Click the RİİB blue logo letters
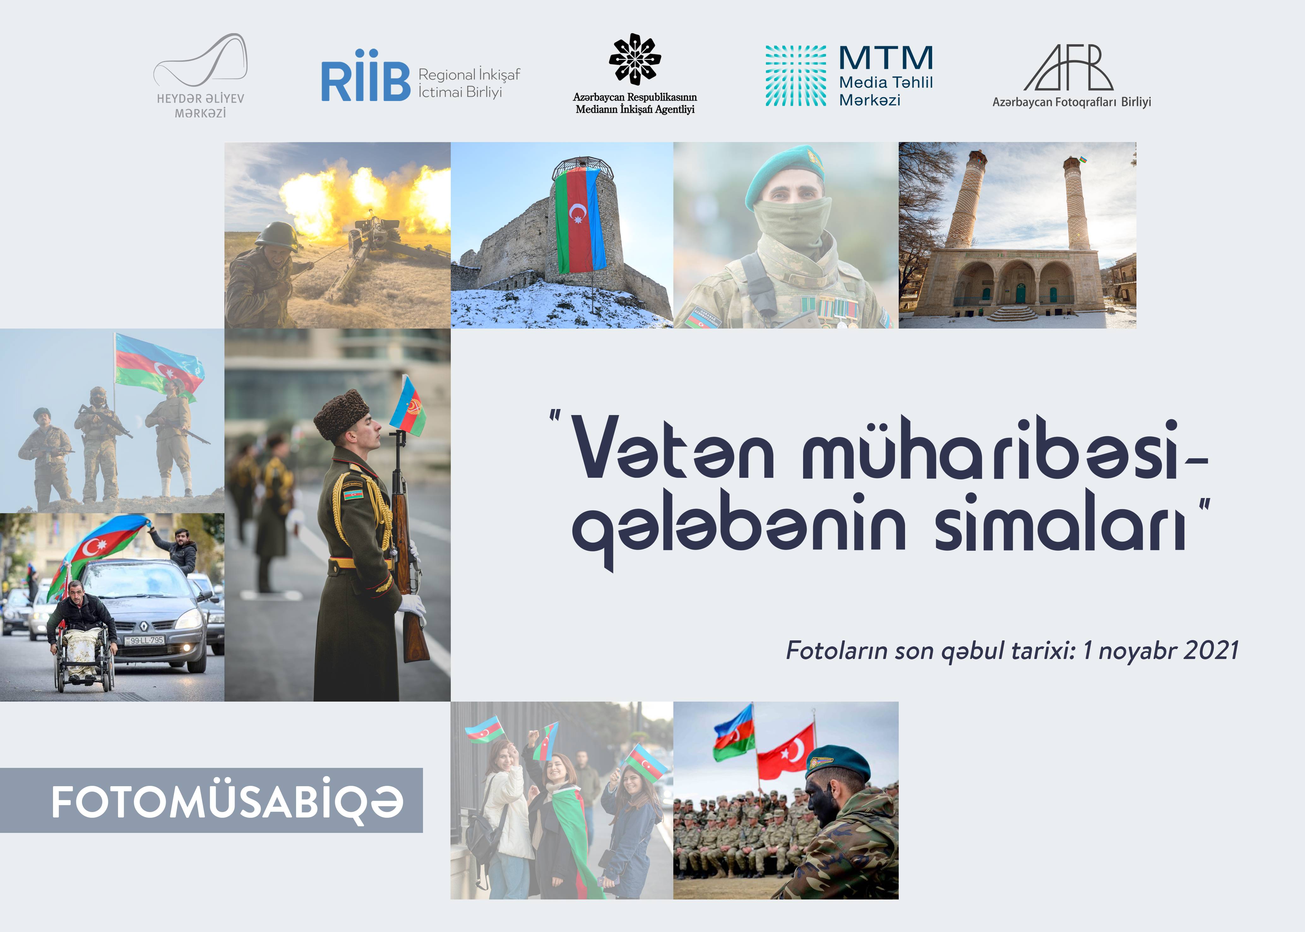point(366,81)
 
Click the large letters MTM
point(886,58)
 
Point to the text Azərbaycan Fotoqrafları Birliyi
point(1071,102)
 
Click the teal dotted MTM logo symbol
point(796,76)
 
